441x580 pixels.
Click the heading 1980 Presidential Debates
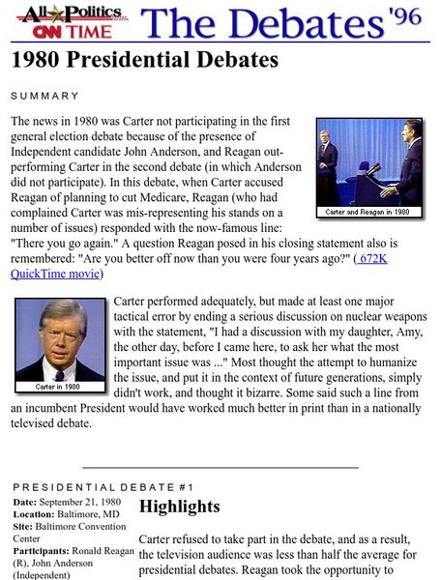pos(145,60)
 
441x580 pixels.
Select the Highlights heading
pos(180,507)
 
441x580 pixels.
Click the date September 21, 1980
pos(86,501)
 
